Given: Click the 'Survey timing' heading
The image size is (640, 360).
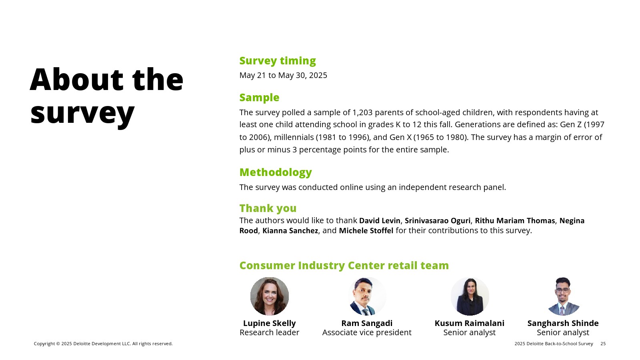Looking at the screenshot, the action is tap(278, 61).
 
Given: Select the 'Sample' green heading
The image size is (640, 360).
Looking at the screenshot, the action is tap(259, 98).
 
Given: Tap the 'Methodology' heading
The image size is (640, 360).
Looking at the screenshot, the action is tap(276, 172).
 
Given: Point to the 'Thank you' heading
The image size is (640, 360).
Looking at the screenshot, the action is tap(268, 208).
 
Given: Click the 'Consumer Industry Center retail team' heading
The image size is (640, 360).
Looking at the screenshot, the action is tap(344, 266).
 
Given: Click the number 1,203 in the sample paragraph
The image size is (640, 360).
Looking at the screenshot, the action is tap(362, 112).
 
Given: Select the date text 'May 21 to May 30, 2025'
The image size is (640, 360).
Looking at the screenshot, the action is tap(283, 76).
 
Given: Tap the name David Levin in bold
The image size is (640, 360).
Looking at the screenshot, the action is tap(380, 220).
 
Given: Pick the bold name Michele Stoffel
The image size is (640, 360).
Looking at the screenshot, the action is tap(366, 230).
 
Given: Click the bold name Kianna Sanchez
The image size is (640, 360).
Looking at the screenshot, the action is tap(290, 230).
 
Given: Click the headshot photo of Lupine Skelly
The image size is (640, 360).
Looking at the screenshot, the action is tap(270, 296).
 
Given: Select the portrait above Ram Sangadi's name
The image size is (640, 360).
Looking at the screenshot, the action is tap(367, 296).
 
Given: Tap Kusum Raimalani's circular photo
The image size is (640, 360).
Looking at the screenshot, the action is tap(470, 296).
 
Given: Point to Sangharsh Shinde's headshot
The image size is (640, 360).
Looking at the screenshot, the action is tap(563, 296).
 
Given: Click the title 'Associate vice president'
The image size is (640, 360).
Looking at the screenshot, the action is tap(367, 332).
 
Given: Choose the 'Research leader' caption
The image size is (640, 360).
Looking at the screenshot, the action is tap(270, 332).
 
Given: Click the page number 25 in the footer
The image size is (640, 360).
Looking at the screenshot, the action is tap(603, 344).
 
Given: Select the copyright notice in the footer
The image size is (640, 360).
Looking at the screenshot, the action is tap(103, 344).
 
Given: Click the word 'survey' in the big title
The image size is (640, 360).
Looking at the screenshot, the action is tap(82, 113).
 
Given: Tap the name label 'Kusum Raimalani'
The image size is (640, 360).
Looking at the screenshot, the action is tap(470, 323).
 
